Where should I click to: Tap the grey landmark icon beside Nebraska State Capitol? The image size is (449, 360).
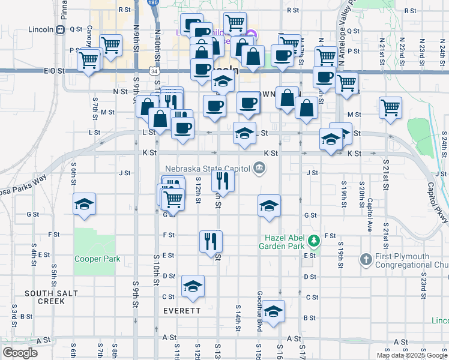pos(259,167)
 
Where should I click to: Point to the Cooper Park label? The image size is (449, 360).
pos(97,259)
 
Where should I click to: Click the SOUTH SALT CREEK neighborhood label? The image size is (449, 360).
pos(44,297)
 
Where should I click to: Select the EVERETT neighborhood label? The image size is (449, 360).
pos(181,311)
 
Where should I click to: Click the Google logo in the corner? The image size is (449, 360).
pos(20,353)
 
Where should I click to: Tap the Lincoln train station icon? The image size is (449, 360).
pos(61,29)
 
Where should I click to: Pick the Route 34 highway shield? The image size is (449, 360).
pos(155,71)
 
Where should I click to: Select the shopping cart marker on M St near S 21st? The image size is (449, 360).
pos(391,107)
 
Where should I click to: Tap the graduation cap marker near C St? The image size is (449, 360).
pos(193,287)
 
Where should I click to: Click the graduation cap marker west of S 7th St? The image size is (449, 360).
pos(84,205)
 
